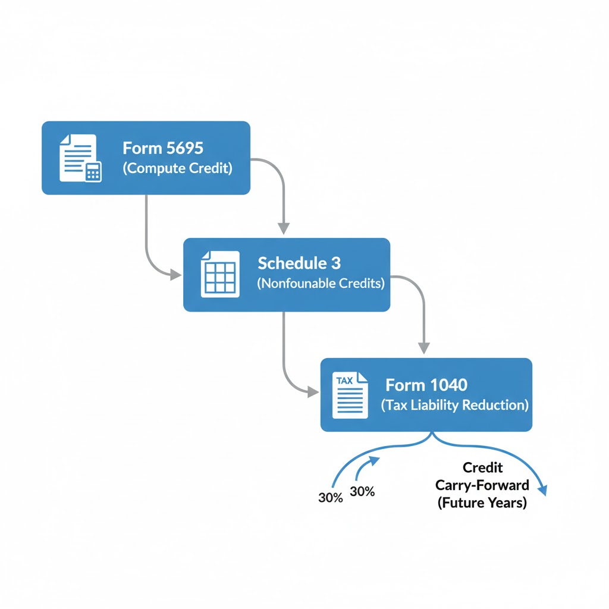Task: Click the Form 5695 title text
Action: pos(163,148)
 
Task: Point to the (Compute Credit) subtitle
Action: pos(177,168)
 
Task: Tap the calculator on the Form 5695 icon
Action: pos(93,171)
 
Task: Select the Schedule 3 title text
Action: pos(299,263)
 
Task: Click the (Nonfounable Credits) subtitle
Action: pos(321,284)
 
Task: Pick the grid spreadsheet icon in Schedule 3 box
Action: pos(220,274)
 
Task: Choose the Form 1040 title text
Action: pos(426,385)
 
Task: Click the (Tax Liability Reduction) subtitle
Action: pos(454,406)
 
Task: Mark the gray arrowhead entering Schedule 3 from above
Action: pos(284,228)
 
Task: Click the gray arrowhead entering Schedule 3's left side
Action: pos(176,275)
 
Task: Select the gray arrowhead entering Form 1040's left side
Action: pos(313,391)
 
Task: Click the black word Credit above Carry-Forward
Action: pos(482,468)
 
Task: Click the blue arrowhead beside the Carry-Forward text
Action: pos(542,489)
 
